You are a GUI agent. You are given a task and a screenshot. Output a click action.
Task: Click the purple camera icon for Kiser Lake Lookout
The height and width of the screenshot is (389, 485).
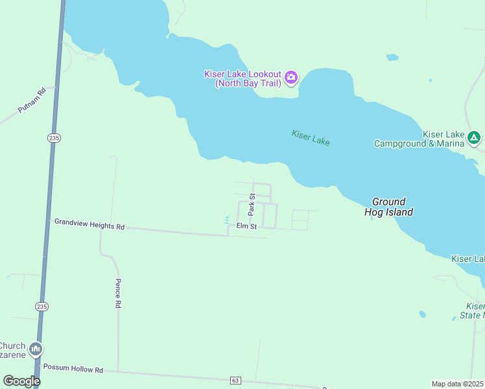click(291, 78)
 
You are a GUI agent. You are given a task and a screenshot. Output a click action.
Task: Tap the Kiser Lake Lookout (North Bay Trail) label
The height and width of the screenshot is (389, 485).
click(243, 78)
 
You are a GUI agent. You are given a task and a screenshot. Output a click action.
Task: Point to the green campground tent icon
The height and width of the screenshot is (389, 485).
click(475, 137)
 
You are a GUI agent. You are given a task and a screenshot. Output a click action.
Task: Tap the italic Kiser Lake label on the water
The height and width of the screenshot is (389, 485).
click(311, 137)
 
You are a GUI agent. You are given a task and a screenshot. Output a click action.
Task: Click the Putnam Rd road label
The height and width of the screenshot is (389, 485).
click(32, 100)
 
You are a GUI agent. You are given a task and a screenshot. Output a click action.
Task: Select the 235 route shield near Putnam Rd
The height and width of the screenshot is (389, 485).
click(54, 137)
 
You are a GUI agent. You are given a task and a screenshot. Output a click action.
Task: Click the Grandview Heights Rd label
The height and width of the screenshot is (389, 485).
click(89, 224)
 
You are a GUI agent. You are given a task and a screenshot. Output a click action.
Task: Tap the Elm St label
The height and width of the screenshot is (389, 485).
click(246, 226)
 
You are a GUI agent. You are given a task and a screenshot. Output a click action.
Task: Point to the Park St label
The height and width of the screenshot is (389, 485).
click(252, 205)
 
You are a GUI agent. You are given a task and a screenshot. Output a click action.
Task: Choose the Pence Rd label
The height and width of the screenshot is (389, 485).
click(118, 293)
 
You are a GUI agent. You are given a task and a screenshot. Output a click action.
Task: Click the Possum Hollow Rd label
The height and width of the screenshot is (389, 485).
click(73, 369)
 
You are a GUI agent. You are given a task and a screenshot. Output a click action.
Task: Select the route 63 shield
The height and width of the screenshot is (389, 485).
click(235, 380)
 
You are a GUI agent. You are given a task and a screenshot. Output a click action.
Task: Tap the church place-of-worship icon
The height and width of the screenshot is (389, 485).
click(35, 349)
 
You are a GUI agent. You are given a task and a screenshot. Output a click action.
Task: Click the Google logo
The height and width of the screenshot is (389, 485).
click(21, 381)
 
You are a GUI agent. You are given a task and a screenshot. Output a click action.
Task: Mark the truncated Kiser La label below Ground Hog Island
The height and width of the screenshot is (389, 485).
click(467, 259)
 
